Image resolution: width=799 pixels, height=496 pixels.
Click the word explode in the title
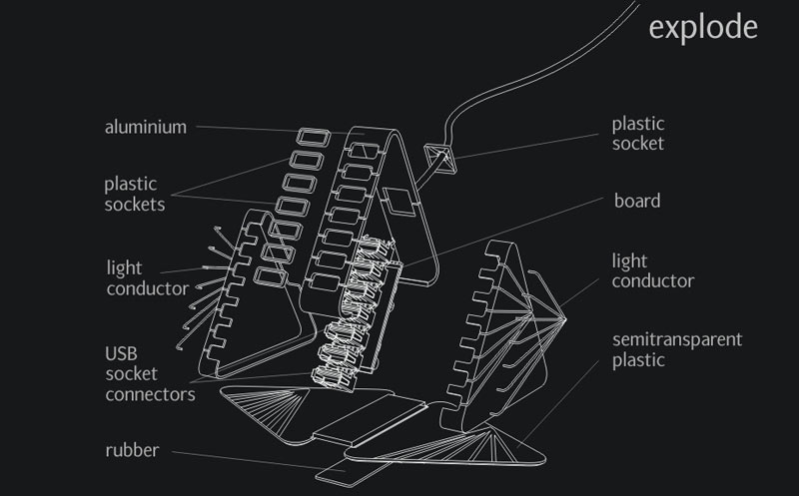point(702,27)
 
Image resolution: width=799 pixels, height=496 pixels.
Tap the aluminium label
point(146,128)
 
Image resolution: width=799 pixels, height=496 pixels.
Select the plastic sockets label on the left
point(135,195)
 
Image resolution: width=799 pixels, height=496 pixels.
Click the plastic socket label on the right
point(637,134)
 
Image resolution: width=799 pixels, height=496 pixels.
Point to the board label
point(636,201)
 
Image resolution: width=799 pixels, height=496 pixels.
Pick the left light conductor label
point(147,278)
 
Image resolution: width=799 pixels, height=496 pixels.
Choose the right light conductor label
point(652,270)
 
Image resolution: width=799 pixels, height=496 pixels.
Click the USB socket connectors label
point(149,373)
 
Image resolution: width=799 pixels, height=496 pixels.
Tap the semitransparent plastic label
point(676,349)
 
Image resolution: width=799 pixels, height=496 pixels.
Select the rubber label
point(132,450)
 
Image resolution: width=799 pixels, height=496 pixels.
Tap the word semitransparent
point(676,339)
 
